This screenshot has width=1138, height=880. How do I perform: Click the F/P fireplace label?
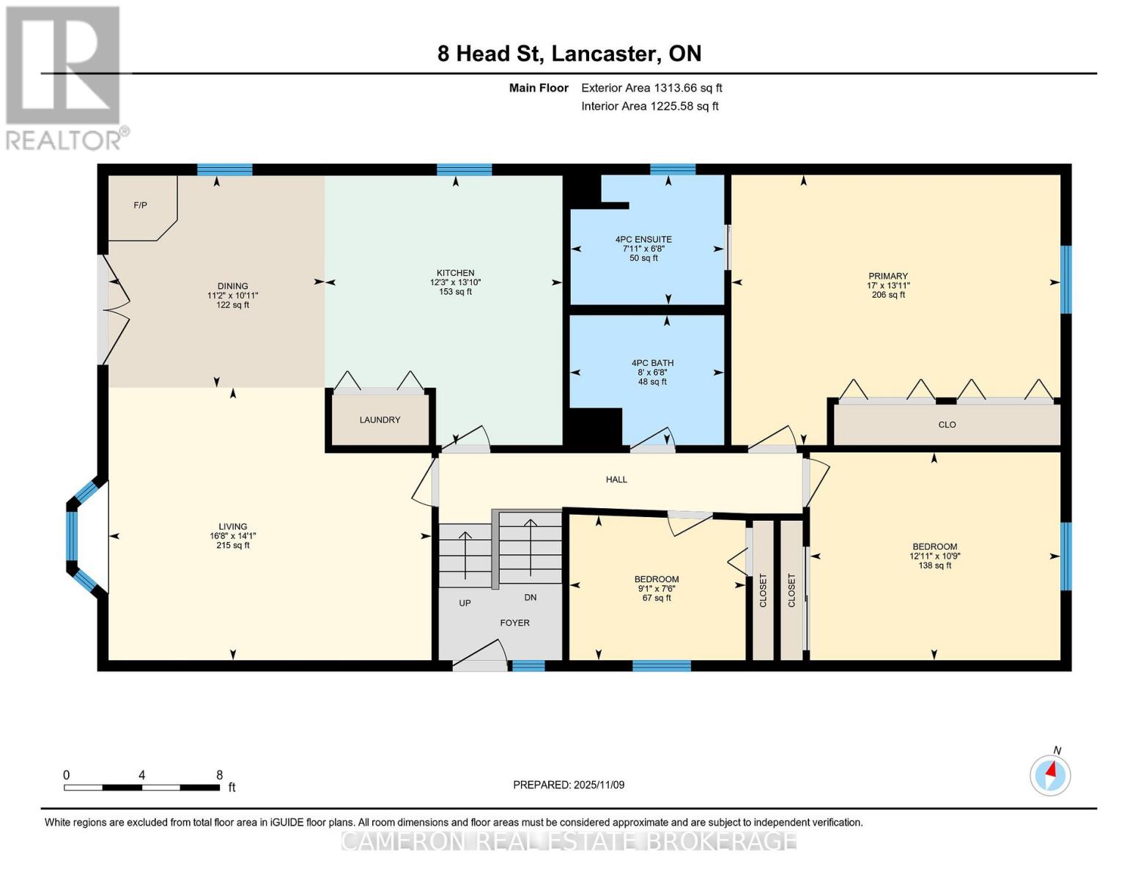coord(140,205)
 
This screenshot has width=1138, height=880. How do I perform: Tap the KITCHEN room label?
coord(455,273)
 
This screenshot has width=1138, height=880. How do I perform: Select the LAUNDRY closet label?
coord(380,420)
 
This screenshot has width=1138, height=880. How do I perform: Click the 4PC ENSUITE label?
coord(643,240)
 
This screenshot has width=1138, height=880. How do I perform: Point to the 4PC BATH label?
coord(652,363)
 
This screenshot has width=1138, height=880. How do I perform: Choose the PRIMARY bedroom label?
coord(887,276)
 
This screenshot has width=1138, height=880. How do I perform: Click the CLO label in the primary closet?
coord(947,425)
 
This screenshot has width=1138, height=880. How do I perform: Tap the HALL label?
coord(616,480)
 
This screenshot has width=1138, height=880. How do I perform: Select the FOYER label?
coord(514,623)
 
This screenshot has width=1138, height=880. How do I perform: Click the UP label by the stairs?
coord(465,603)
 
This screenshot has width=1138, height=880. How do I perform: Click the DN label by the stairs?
coord(531,598)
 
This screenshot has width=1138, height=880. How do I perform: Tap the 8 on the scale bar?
coord(219,775)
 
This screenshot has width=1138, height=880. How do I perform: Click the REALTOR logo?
coord(64,77)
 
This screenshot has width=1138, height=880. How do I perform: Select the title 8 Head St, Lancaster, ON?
coord(569,54)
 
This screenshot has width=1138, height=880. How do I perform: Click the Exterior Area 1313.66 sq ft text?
coord(651,88)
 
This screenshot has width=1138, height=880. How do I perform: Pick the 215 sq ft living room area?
coord(233,546)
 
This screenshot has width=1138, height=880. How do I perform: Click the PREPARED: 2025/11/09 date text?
coord(569,785)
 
